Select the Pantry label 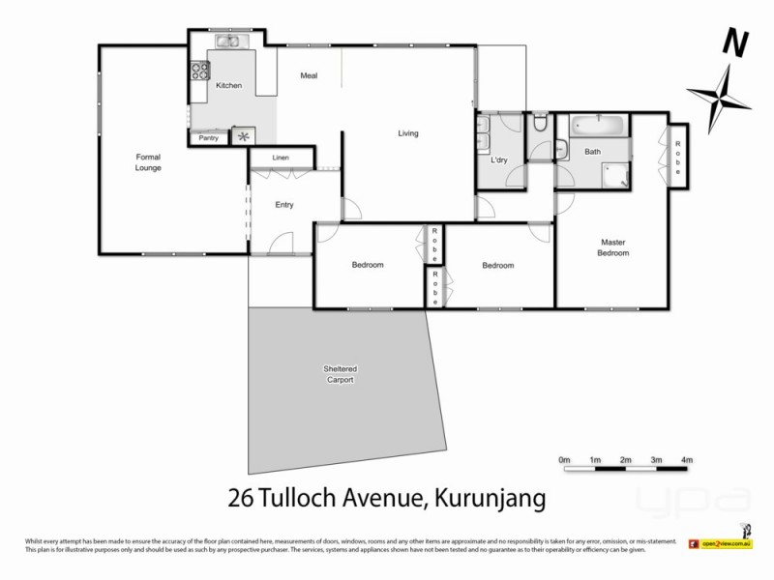click(x=208, y=138)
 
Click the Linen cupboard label click(x=281, y=158)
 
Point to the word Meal click(x=309, y=76)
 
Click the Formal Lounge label click(x=148, y=161)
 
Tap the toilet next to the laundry click(x=540, y=124)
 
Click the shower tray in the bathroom click(x=614, y=173)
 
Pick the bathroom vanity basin click(x=562, y=149)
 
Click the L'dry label click(x=500, y=160)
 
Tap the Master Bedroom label click(x=614, y=247)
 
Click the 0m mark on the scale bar click(x=565, y=459)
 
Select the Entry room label click(x=283, y=205)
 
